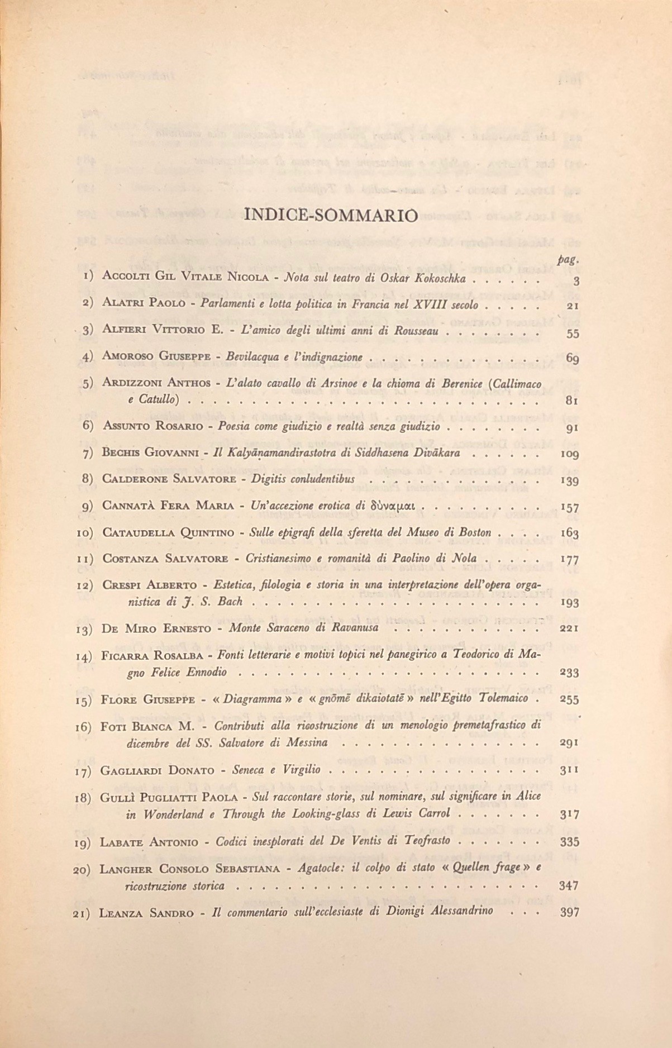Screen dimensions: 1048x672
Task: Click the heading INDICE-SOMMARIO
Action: coord(331,215)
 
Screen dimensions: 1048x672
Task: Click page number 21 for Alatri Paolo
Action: coord(572,307)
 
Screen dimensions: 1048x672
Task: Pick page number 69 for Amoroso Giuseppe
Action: coord(571,358)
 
